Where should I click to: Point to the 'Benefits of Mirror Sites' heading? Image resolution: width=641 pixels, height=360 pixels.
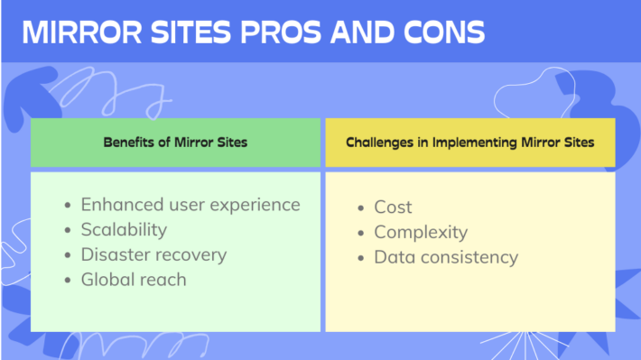[x=175, y=143]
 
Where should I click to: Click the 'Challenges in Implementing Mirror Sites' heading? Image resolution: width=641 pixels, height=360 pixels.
[x=469, y=143]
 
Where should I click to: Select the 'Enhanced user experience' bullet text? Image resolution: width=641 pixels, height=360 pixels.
[x=190, y=205]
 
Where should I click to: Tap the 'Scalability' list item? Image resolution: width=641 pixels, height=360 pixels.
[x=124, y=230]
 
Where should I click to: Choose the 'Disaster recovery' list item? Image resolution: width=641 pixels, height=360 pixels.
[x=153, y=254]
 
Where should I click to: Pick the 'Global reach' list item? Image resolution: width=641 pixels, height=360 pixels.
[x=134, y=280]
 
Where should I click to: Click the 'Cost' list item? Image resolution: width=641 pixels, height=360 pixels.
[x=393, y=208]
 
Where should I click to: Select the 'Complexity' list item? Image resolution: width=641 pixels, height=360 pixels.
[x=421, y=233]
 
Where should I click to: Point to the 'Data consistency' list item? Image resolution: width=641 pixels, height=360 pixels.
[x=446, y=257]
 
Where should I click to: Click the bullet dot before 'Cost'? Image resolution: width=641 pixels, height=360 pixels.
[x=361, y=208]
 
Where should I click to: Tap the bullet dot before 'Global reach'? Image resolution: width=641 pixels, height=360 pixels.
[x=68, y=281]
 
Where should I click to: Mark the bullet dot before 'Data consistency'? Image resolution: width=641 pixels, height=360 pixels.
[x=361, y=258]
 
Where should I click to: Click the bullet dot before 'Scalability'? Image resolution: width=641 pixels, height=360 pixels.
[x=68, y=231]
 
